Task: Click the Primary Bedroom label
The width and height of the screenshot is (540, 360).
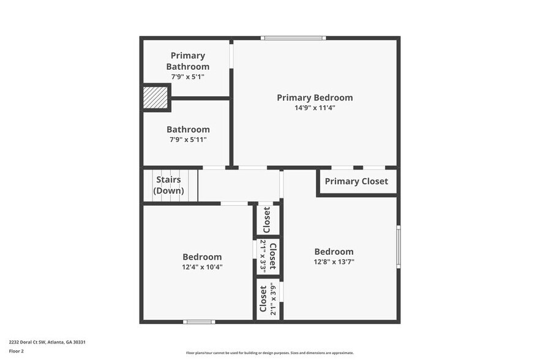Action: tap(315, 97)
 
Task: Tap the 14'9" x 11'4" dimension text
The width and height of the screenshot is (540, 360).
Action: tap(315, 108)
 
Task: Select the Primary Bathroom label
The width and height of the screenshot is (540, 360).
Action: tap(187, 61)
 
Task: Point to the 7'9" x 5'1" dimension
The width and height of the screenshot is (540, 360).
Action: tap(187, 77)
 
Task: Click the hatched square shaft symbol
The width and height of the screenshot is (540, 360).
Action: tap(155, 98)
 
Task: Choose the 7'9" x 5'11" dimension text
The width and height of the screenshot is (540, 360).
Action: tap(187, 140)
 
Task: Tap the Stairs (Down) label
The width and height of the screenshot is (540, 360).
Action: tap(169, 185)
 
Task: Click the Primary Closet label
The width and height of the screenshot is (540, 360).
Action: tap(356, 181)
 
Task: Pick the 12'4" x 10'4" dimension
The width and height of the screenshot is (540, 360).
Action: tap(202, 267)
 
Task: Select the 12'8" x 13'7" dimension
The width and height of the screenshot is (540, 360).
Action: tap(334, 261)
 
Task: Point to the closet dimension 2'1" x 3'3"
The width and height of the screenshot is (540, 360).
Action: tap(263, 255)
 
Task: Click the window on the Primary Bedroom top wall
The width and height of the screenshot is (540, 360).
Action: tap(293, 39)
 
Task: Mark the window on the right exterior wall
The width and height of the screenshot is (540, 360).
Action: tap(398, 247)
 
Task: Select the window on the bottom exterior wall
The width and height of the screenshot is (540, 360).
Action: tap(199, 321)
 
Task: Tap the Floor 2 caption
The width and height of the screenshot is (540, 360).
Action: tap(16, 351)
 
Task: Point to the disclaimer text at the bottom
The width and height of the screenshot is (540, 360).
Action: tap(269, 353)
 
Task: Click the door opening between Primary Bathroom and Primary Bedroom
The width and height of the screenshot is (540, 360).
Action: tap(231, 54)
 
